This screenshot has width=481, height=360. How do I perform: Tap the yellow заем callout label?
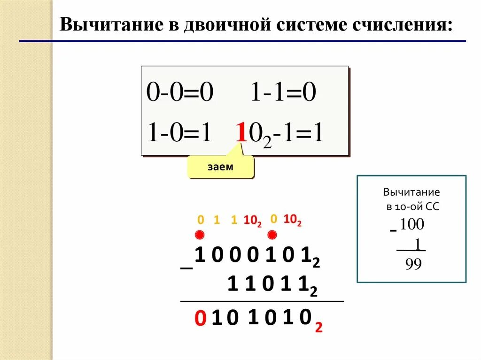(x=220, y=167)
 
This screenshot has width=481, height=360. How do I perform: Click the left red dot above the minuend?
(x=200, y=235)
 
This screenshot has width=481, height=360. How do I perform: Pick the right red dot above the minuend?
(x=272, y=234)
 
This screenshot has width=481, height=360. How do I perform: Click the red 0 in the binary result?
(x=200, y=320)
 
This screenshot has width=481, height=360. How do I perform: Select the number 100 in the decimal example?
(x=412, y=225)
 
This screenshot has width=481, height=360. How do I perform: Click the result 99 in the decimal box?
(x=413, y=264)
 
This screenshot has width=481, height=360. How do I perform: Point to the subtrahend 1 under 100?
(x=417, y=244)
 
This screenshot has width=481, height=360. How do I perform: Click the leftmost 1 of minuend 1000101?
(x=200, y=256)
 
